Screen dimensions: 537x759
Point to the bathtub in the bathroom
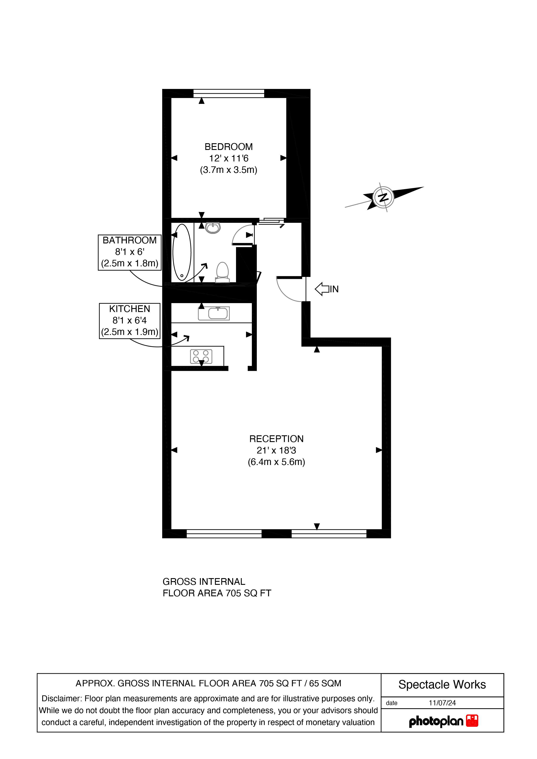[182, 252]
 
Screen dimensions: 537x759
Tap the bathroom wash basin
[213, 227]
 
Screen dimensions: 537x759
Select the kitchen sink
[214, 313]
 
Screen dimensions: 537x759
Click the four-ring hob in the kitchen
[201, 356]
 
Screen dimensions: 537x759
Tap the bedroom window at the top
[229, 93]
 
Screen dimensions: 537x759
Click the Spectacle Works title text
[442, 685]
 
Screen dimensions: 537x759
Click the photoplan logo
[444, 721]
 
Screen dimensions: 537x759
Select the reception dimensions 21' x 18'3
[276, 450]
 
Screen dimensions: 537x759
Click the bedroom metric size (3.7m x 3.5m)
[229, 170]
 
